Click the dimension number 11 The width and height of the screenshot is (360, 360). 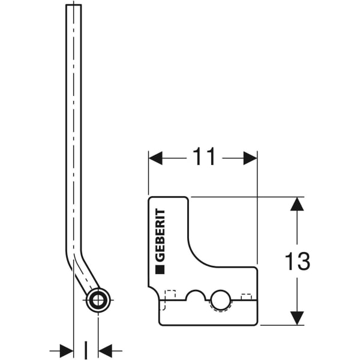pyautogui.click(x=204, y=158)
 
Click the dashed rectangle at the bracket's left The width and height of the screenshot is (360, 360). pyautogui.click(x=170, y=295)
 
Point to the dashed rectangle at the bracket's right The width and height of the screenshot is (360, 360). pyautogui.click(x=245, y=295)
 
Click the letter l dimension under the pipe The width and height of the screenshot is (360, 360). pyautogui.click(x=85, y=349)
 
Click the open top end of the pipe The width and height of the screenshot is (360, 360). pyautogui.click(x=73, y=6)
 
